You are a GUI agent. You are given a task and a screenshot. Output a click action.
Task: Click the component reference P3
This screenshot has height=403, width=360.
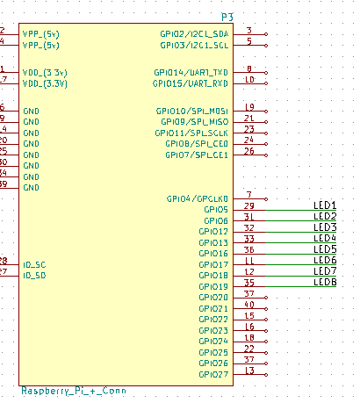pyautogui.click(x=226, y=18)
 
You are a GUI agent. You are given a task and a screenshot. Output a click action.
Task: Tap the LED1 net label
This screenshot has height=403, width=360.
pyautogui.click(x=325, y=205)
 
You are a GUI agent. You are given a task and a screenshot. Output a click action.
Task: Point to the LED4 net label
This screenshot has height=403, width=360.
pyautogui.click(x=325, y=237)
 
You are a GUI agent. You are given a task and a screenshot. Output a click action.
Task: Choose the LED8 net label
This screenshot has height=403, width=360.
pyautogui.click(x=325, y=281)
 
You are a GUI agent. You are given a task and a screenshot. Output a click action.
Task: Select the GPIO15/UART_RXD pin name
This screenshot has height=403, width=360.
pyautogui.click(x=191, y=83)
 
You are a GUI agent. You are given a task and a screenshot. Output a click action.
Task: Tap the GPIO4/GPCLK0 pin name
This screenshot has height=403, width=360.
pyautogui.click(x=197, y=198)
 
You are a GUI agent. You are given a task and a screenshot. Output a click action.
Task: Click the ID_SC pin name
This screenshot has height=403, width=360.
pyautogui.click(x=34, y=264)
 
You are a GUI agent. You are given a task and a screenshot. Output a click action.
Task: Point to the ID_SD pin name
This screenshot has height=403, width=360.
pyautogui.click(x=34, y=275)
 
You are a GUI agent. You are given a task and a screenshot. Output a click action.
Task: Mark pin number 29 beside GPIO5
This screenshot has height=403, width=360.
pyautogui.click(x=249, y=205)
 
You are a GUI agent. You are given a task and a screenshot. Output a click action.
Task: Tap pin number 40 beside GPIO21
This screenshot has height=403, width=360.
pyautogui.click(x=249, y=304)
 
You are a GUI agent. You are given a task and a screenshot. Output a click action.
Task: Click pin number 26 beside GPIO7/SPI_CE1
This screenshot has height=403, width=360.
pyautogui.click(x=249, y=150)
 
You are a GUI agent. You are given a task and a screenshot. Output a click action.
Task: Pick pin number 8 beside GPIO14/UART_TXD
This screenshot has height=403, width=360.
pyautogui.click(x=249, y=68)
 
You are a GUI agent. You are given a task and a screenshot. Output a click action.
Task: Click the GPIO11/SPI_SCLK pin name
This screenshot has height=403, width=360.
pyautogui.click(x=191, y=133)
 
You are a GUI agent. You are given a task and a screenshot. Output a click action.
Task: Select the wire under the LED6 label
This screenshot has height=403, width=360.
pyautogui.click(x=299, y=265)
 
